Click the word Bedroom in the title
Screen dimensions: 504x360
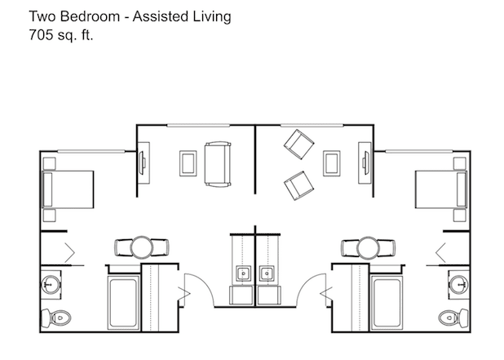(90, 16)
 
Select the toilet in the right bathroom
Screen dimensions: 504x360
(453, 318)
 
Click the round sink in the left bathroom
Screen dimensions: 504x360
(51, 284)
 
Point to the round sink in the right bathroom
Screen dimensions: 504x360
(459, 284)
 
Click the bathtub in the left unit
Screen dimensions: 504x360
(123, 303)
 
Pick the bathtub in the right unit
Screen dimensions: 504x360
(387, 303)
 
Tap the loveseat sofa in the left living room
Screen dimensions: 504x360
(218, 164)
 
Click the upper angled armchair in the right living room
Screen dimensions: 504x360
(299, 144)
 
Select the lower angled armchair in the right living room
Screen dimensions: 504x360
(299, 185)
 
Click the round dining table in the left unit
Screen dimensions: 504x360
(142, 247)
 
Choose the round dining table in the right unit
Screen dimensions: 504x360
(369, 247)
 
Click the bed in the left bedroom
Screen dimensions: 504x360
(69, 189)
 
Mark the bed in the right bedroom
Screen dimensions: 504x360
(441, 189)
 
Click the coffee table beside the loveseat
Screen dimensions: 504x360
(188, 163)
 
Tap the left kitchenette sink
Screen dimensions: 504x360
(244, 273)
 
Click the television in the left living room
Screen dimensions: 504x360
(141, 162)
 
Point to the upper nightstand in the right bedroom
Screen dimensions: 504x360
(460, 163)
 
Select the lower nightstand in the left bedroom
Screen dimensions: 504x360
(49, 216)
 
